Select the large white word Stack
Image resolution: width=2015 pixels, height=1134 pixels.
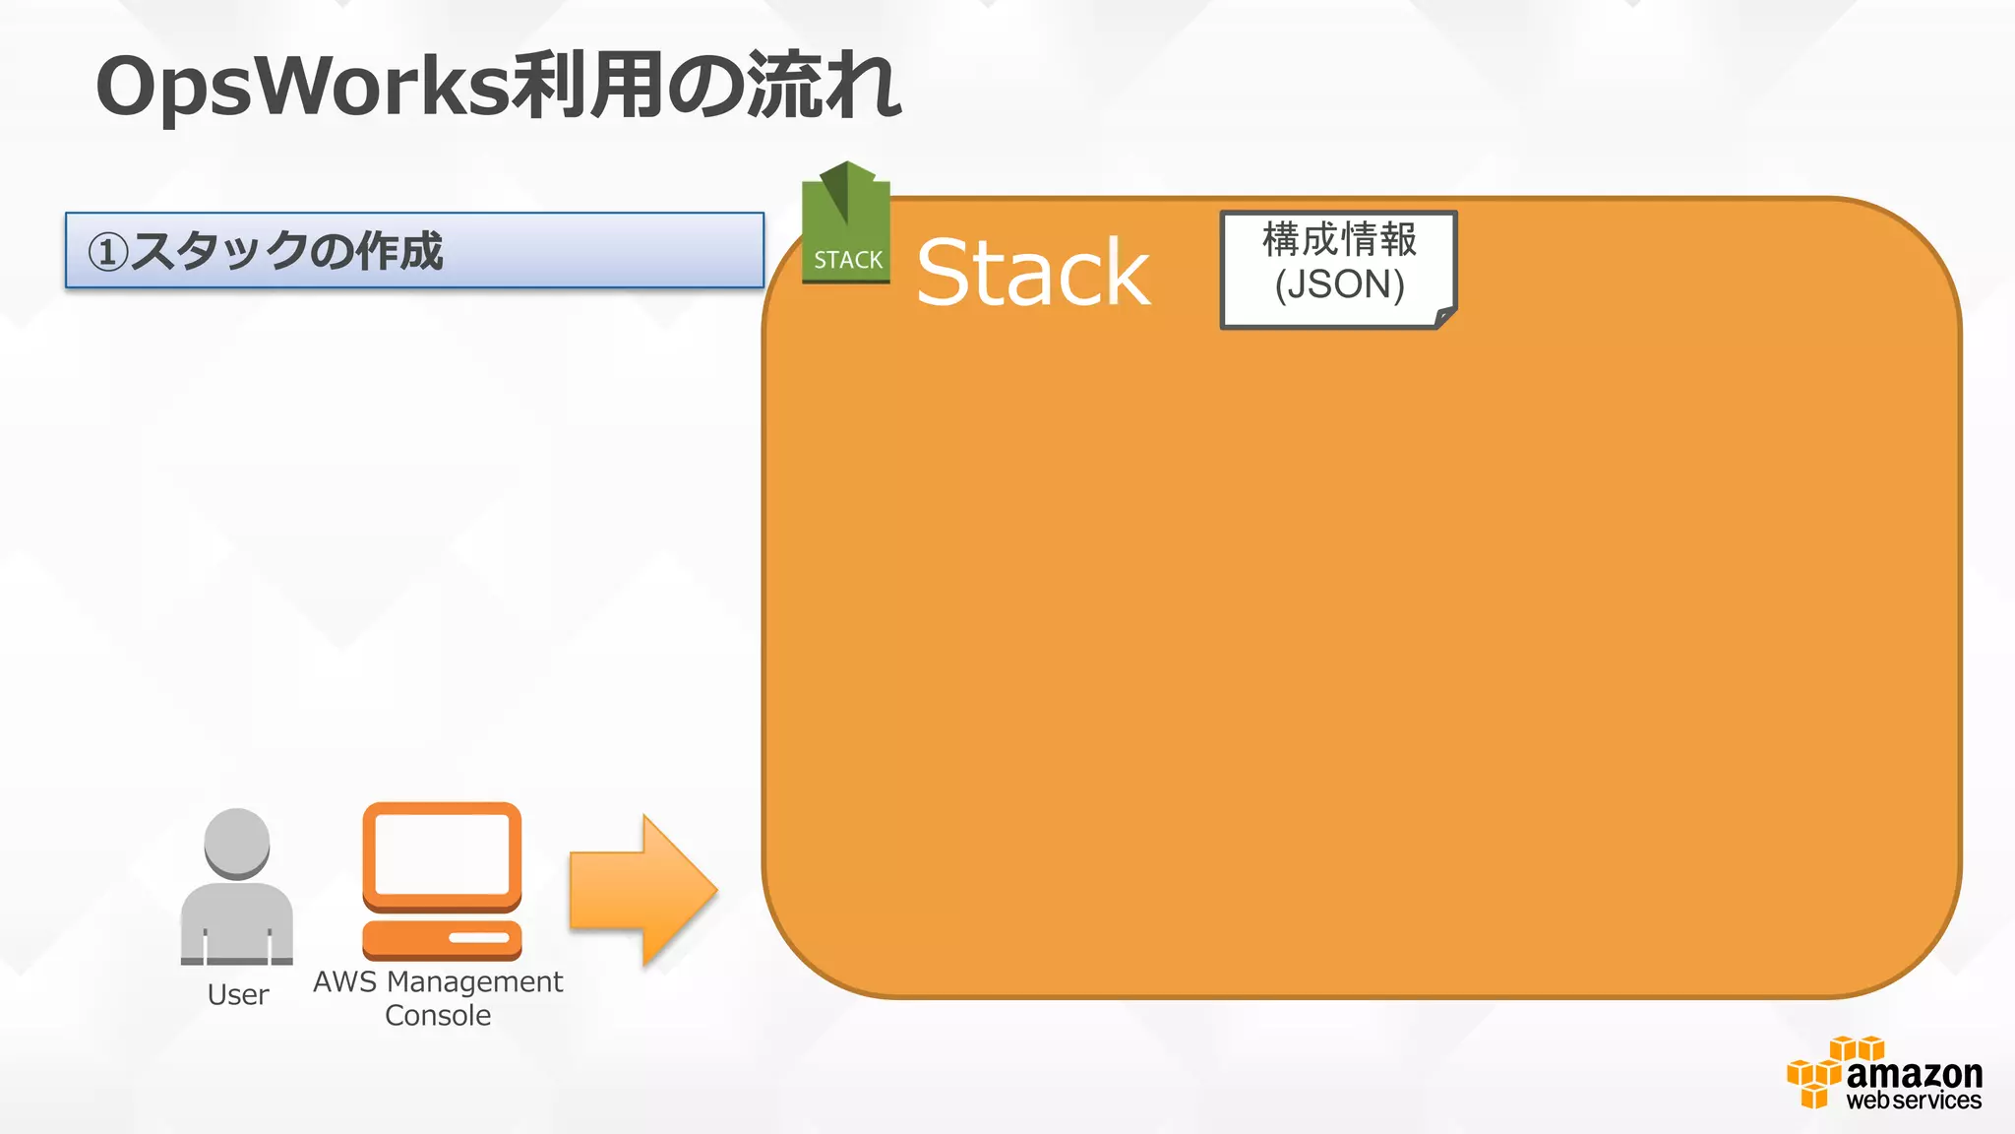coord(1033,273)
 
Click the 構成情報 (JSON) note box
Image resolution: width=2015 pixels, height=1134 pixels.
coord(1338,268)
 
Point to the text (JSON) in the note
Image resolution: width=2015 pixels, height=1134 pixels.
coord(1339,285)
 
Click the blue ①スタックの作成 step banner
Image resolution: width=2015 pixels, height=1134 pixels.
coord(414,250)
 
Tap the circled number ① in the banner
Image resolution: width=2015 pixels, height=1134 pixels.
coord(107,252)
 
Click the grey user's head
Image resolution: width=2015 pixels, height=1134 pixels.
coord(237,843)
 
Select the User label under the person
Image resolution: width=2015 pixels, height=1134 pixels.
coord(238,995)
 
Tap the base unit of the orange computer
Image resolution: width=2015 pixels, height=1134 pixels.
coord(442,938)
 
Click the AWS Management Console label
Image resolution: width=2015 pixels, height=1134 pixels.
coord(438,998)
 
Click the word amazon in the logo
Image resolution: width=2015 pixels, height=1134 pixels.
coord(1914,1073)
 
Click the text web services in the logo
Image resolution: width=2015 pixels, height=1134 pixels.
coord(1914,1101)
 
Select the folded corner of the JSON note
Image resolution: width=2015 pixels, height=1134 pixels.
coord(1444,317)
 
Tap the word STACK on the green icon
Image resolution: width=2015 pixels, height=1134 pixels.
coord(848,260)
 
